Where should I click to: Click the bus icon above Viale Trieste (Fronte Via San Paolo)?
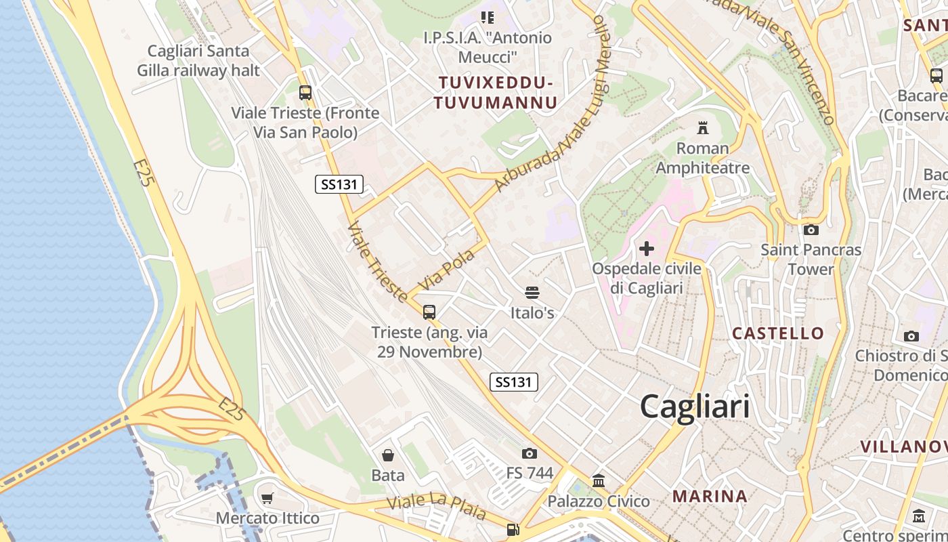point(305,93)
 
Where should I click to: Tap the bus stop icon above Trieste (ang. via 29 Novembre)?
point(429,312)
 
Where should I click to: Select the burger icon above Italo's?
point(532,293)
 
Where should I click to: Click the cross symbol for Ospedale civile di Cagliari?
point(647,249)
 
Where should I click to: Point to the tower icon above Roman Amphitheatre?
point(702,127)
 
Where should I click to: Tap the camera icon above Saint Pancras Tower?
point(811,230)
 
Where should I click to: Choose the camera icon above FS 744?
point(530,453)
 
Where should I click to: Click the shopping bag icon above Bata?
point(388,455)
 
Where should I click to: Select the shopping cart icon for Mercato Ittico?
point(267,498)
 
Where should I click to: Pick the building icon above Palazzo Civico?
point(599,481)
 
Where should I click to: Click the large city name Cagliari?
point(695,406)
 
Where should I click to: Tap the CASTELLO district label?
point(778,333)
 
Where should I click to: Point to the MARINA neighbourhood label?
point(710,497)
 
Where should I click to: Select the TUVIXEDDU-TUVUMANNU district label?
point(496,93)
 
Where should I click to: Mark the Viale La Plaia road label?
point(436,506)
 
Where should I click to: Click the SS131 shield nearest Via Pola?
point(339,184)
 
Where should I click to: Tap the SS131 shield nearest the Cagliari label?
point(514,382)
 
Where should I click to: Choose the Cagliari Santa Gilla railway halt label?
point(198,60)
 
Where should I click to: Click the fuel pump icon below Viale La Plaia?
point(513,530)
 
